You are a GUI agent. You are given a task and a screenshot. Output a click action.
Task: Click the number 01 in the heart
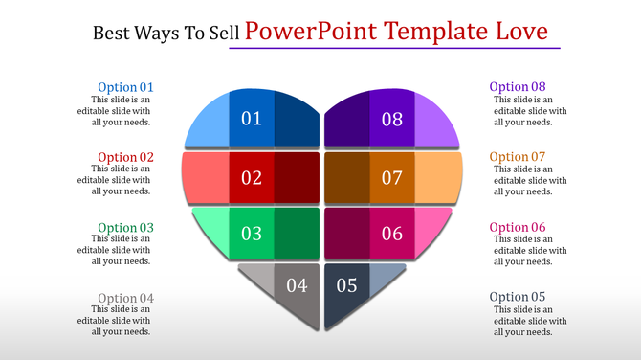(x=252, y=119)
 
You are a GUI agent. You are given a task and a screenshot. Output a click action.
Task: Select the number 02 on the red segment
(x=252, y=177)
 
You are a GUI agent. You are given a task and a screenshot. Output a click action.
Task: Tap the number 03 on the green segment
(x=252, y=234)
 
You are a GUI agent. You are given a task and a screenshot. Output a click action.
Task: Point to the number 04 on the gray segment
(x=297, y=284)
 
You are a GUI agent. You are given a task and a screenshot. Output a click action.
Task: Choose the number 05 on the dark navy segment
(x=346, y=284)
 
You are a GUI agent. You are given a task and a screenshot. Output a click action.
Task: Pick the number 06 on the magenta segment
(x=392, y=234)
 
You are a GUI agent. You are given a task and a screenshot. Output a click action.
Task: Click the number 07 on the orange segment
(x=392, y=177)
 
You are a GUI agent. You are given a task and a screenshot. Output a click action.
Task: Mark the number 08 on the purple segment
(x=392, y=119)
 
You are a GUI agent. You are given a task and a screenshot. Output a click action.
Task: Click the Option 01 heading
(x=125, y=87)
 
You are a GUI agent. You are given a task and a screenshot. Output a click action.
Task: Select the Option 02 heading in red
(x=125, y=157)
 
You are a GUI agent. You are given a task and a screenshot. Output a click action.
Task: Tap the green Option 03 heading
(x=125, y=228)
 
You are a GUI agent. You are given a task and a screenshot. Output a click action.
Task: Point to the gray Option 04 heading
(x=125, y=298)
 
